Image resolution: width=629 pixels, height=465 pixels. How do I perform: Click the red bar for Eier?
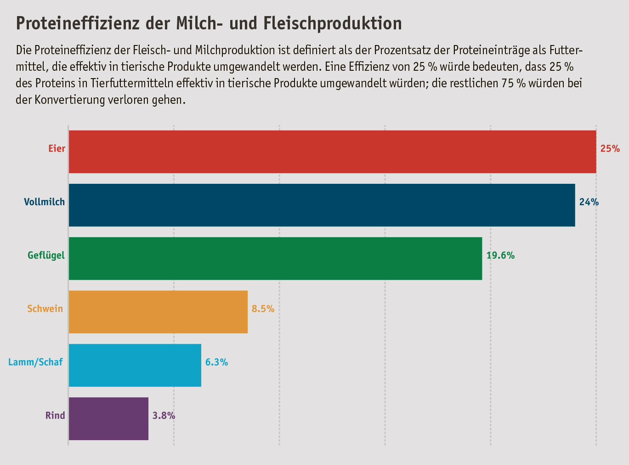332,152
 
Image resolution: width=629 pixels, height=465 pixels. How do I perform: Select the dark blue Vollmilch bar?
322,205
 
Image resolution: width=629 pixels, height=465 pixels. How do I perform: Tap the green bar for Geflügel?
275,258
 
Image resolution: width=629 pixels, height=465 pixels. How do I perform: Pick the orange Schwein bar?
158,312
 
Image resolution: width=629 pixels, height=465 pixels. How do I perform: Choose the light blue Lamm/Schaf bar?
135,365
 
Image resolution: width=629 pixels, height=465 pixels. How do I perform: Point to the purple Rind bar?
108,418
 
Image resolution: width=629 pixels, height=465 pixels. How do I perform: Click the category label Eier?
57,149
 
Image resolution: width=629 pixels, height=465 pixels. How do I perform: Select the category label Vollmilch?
45,202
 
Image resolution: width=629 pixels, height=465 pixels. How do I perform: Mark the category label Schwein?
45,309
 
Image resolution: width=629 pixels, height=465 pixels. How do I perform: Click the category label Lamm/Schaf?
35,362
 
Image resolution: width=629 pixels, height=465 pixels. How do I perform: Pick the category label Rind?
55,416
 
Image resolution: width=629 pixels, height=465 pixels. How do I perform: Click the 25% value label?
610,149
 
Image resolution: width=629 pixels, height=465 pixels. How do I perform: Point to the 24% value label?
589,202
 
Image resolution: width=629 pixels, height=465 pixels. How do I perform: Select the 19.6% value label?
500,255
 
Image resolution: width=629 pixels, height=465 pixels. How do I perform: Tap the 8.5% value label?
263,309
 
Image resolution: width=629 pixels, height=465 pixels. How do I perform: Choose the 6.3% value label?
216,362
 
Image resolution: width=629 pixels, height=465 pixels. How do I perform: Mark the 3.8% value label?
164,416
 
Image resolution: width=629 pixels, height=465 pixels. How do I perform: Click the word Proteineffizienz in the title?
78,23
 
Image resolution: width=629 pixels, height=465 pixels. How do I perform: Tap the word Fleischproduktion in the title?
333,23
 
